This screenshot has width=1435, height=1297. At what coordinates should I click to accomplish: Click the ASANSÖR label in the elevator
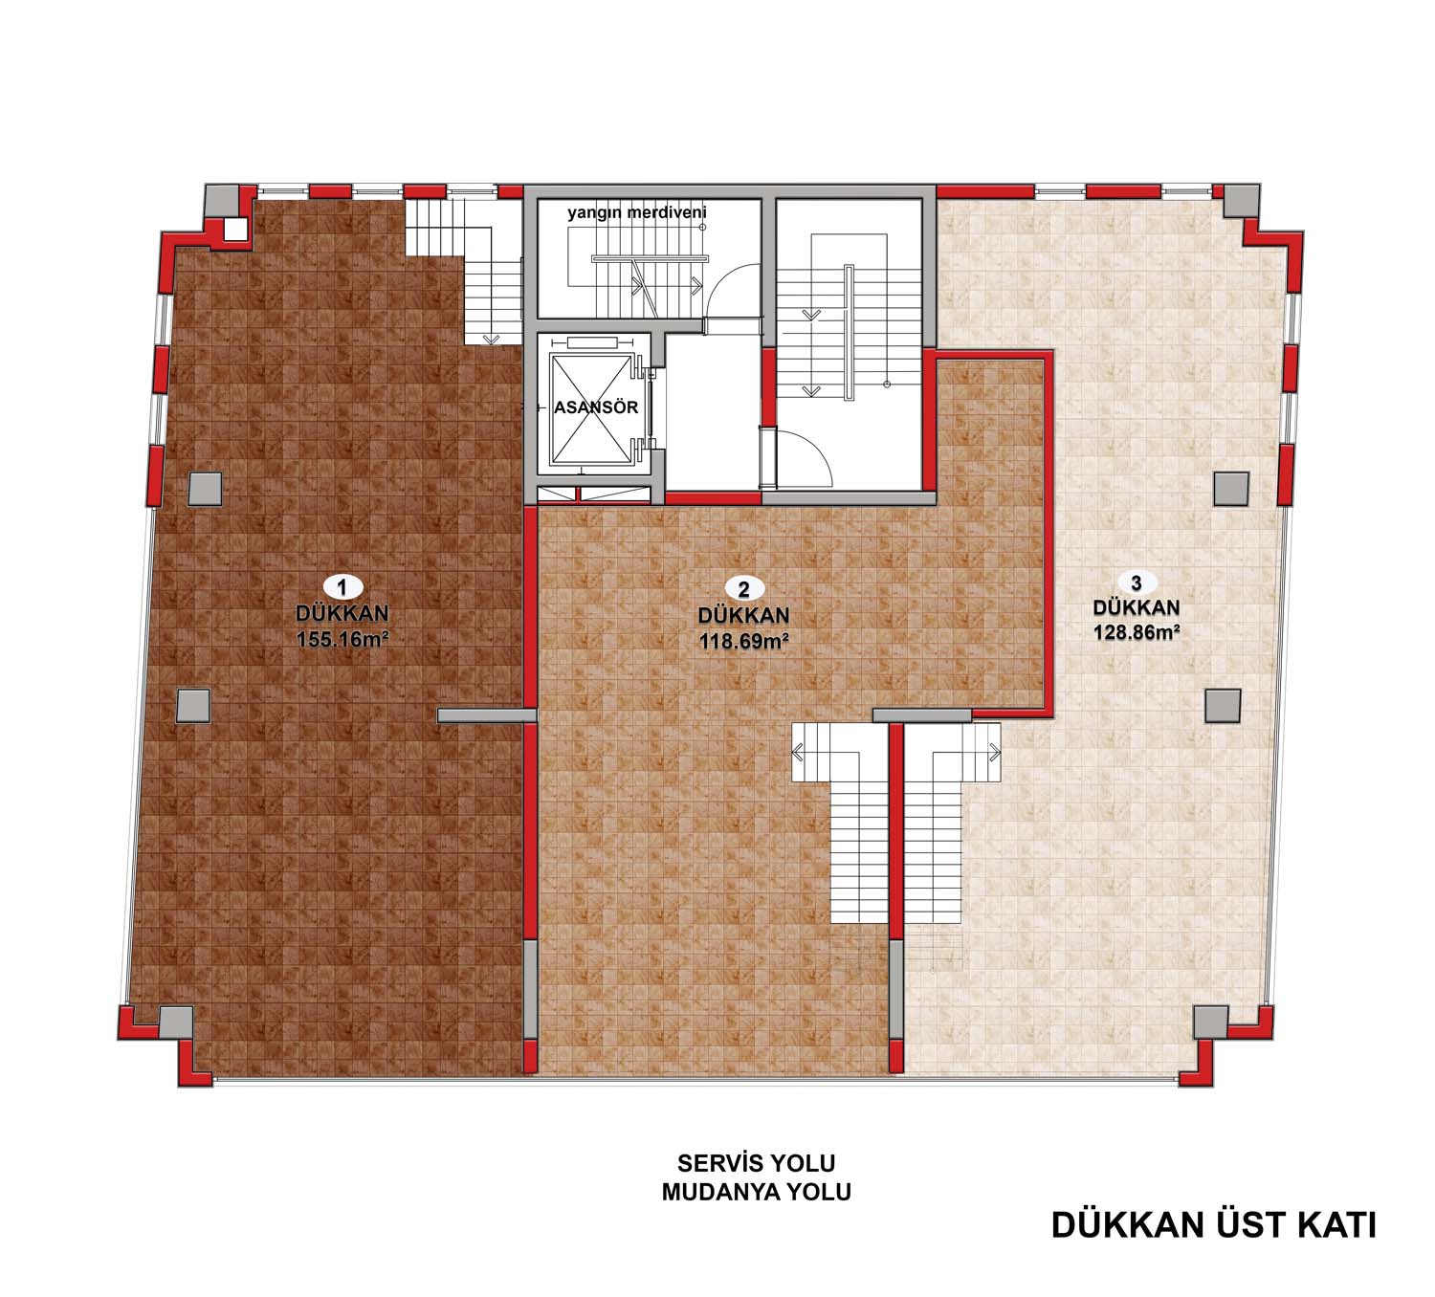tap(596, 407)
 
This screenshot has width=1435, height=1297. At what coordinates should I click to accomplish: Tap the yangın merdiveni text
tap(637, 212)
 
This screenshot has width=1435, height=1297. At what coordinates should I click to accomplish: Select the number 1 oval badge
tap(342, 587)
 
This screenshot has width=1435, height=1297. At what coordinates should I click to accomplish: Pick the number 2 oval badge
tap(744, 589)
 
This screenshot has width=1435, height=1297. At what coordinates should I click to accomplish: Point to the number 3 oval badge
tap(1136, 583)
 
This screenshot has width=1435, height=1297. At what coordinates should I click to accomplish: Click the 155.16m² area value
tap(342, 639)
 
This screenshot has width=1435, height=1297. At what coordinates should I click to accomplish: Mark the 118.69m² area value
tap(744, 641)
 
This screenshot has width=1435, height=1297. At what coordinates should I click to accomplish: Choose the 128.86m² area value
tap(1136, 632)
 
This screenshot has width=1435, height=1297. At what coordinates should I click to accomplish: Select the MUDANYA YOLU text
tap(756, 1193)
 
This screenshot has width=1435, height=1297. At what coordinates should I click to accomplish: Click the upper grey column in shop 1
tap(206, 490)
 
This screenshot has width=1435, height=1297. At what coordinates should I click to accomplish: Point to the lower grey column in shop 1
tap(193, 706)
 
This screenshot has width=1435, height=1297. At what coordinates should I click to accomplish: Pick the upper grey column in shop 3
tap(1232, 489)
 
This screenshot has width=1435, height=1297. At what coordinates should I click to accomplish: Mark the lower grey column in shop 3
tap(1223, 706)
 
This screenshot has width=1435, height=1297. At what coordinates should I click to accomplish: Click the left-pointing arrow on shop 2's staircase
tap(798, 752)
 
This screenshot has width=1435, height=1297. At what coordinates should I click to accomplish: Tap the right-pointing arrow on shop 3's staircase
tap(994, 752)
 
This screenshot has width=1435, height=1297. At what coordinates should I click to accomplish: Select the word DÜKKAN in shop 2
tap(744, 615)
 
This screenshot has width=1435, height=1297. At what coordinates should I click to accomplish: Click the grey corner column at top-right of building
tap(1241, 201)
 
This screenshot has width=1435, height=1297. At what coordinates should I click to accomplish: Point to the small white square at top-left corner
tap(235, 229)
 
